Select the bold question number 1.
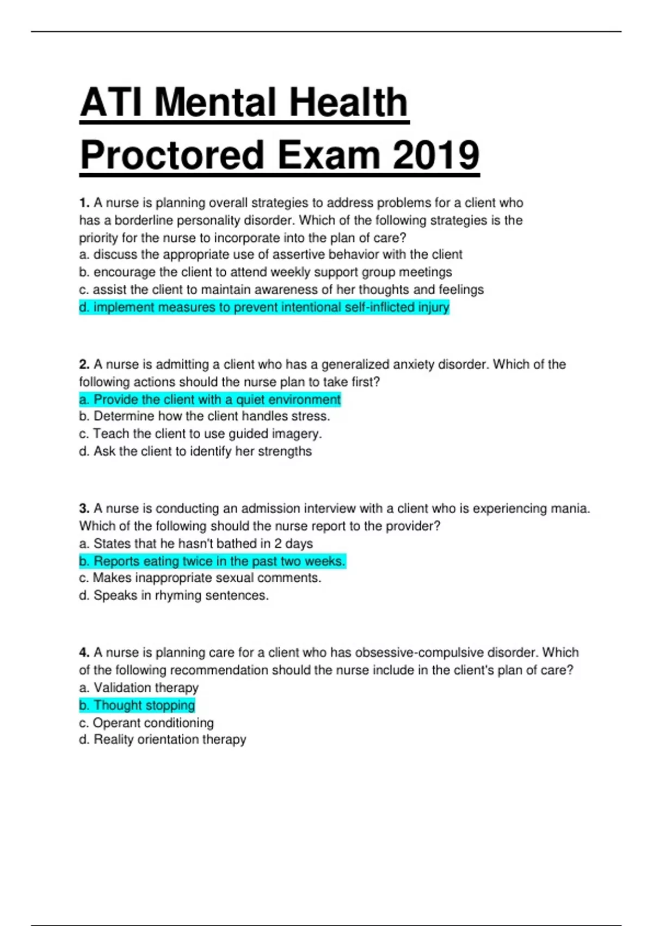click(x=84, y=203)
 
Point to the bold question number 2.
click(x=84, y=364)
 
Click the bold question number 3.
click(x=84, y=509)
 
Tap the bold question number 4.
click(x=84, y=653)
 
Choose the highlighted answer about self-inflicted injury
click(x=264, y=308)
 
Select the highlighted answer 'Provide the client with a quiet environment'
click(x=210, y=400)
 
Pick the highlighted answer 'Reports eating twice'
click(x=212, y=562)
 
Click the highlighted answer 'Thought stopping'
click(x=137, y=705)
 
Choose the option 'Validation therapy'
click(x=139, y=688)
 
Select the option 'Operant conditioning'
click(x=146, y=723)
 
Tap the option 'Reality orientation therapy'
click(x=163, y=740)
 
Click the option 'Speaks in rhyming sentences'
click(x=174, y=596)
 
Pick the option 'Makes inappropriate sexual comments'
click(x=200, y=578)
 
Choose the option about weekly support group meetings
click(x=266, y=272)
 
